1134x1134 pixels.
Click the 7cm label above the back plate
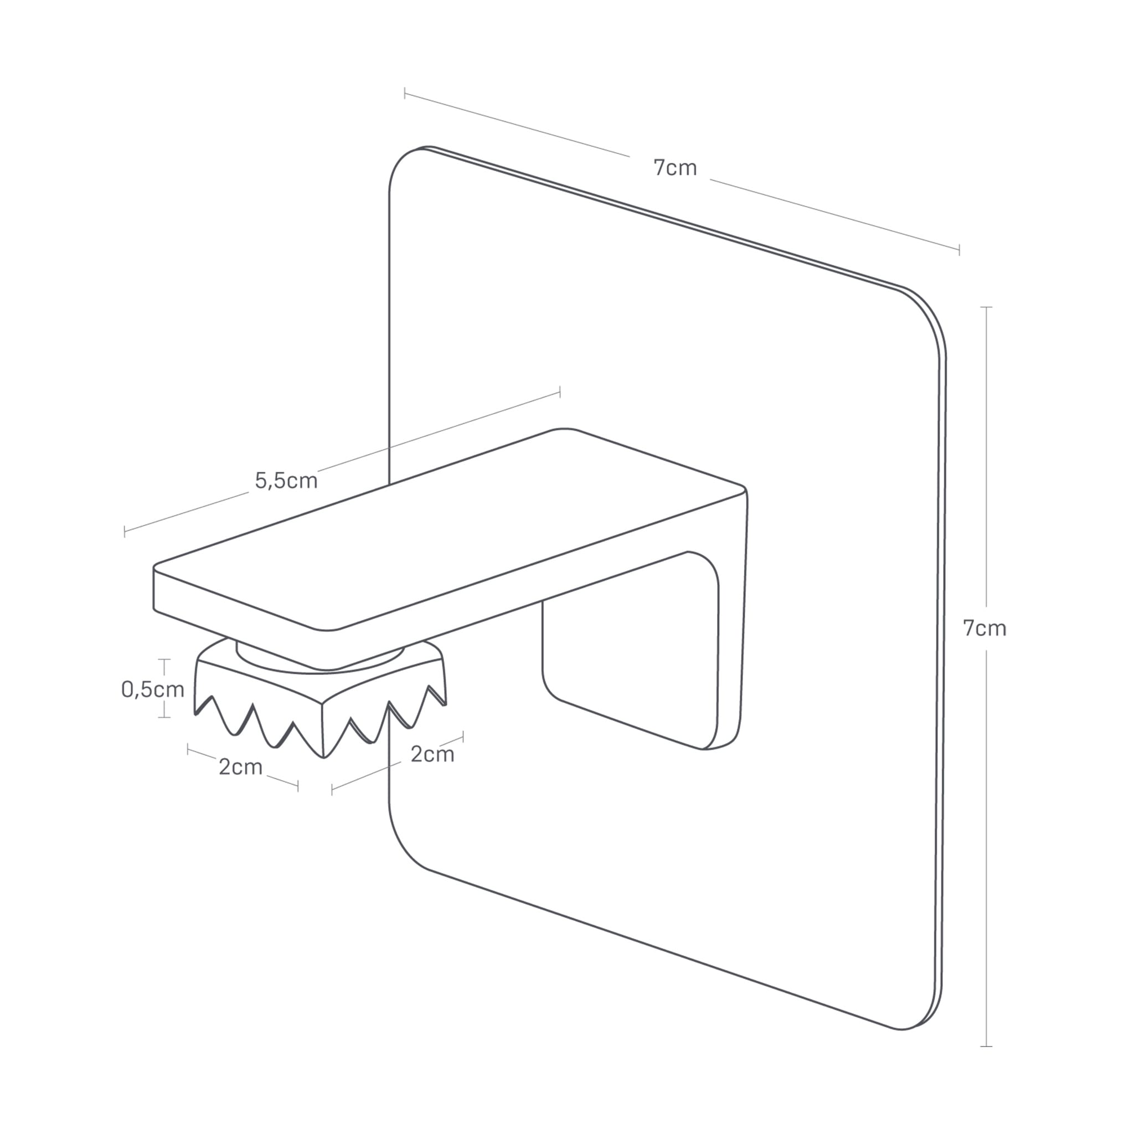coord(675,168)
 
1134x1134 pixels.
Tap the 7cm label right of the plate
coord(984,628)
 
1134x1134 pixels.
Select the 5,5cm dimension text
coord(286,481)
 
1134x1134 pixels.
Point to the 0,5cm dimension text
coord(153,689)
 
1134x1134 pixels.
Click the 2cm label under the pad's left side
coord(240,767)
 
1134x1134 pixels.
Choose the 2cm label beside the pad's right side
coord(432,754)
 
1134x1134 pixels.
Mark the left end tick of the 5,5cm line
coord(125,532)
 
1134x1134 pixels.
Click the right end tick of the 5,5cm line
coord(560,392)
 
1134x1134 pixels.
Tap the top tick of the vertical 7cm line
coord(986,307)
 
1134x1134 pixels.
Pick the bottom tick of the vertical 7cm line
coord(986,1046)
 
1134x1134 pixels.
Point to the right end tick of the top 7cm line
coord(959,250)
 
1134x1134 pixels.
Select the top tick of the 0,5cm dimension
coord(164,659)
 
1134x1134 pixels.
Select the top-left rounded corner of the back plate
coord(405,162)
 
